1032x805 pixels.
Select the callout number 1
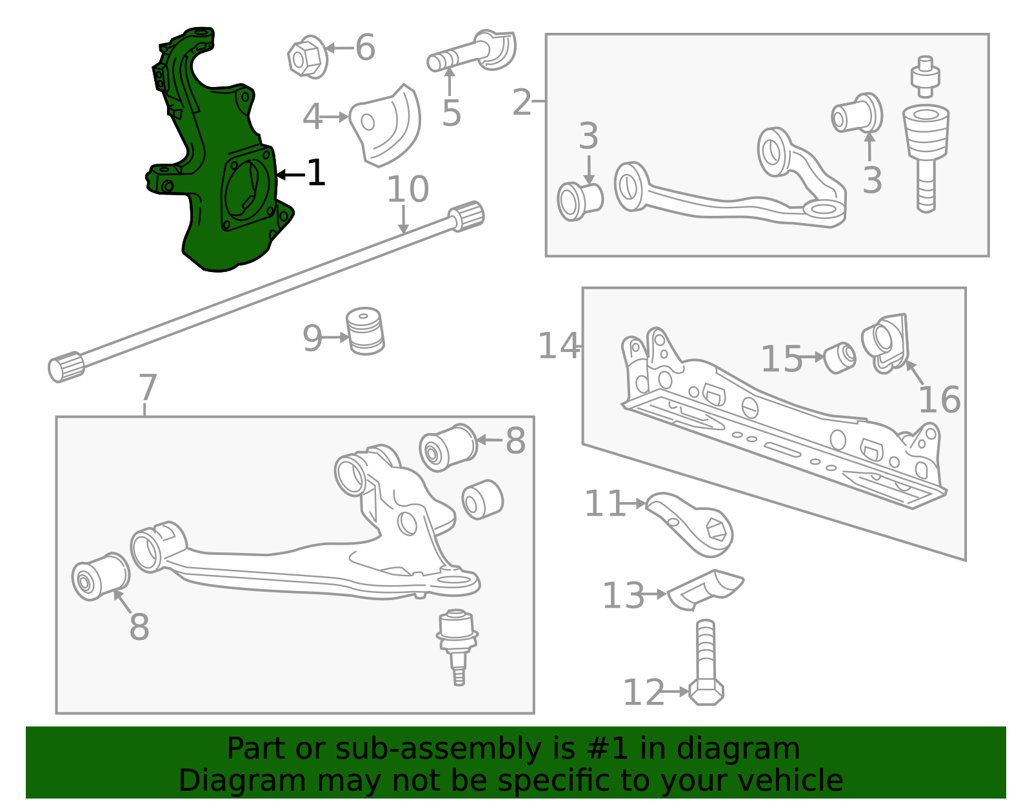pyautogui.click(x=316, y=173)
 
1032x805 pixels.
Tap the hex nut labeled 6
pyautogui.click(x=307, y=57)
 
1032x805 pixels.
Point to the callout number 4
pyautogui.click(x=312, y=117)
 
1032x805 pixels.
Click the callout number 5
pyautogui.click(x=451, y=113)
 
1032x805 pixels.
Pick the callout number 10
pyautogui.click(x=408, y=189)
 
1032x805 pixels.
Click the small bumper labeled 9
pyautogui.click(x=364, y=331)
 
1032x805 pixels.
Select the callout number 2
pyautogui.click(x=522, y=102)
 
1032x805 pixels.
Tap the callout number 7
pyautogui.click(x=148, y=387)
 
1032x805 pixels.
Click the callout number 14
pyautogui.click(x=559, y=345)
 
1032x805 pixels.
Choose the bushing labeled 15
pyautogui.click(x=839, y=358)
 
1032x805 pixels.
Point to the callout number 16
pyautogui.click(x=939, y=400)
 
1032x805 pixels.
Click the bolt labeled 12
pyautogui.click(x=706, y=662)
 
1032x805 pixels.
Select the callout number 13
pyautogui.click(x=623, y=596)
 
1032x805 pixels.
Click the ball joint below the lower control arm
pyautogui.click(x=457, y=647)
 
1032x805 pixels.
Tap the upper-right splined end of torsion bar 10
pyautogui.click(x=466, y=217)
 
